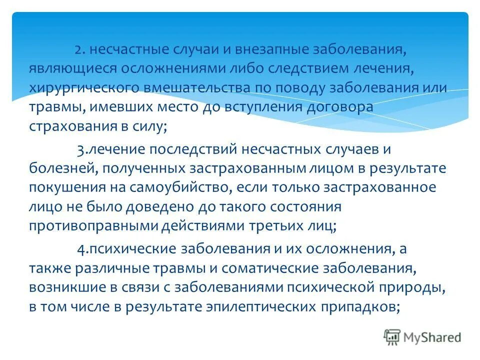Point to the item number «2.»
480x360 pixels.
click(x=81, y=50)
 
